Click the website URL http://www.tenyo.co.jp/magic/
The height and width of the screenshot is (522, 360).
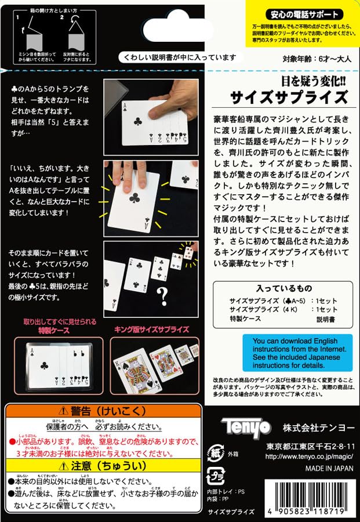(x=311, y=456)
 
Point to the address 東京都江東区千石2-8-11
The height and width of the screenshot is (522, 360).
(x=311, y=447)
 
